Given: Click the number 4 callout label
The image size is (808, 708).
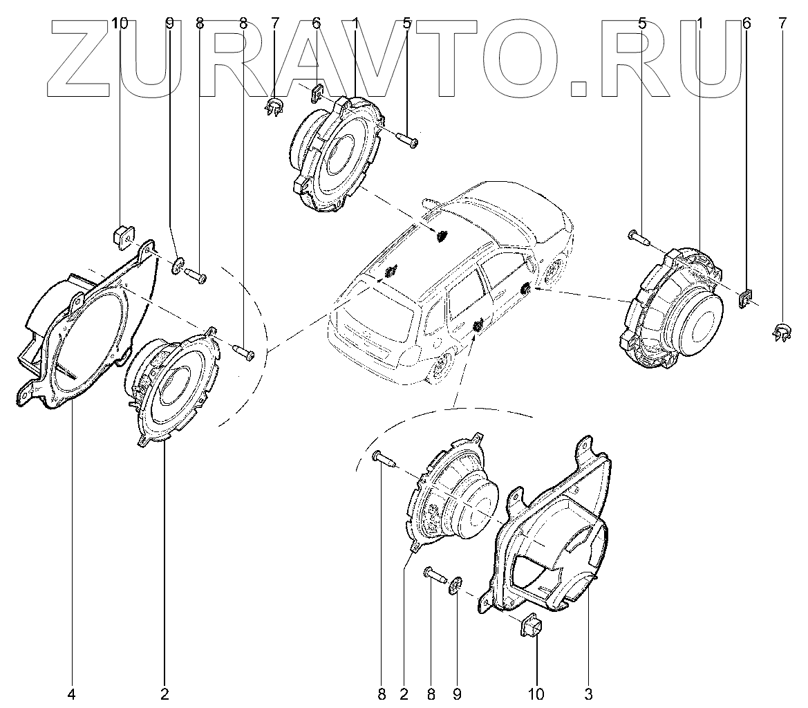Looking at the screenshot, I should click(x=72, y=692).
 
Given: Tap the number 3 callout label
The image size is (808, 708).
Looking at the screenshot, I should click(x=588, y=692).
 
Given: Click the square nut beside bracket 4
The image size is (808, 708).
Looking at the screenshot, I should click(x=122, y=236).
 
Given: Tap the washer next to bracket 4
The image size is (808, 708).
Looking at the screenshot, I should click(x=177, y=264).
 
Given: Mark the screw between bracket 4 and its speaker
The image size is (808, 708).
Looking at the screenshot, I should click(x=244, y=351).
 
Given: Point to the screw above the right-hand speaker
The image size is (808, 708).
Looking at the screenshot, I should click(x=639, y=238).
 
